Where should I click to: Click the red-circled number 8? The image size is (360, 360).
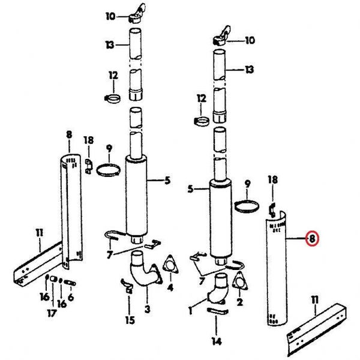pos(312,239)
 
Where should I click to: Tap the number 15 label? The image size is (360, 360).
pos(130,320)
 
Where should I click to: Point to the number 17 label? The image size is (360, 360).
pos(52,313)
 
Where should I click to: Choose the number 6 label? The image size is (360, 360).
pos(71,298)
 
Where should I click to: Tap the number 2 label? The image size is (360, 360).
pos(239,302)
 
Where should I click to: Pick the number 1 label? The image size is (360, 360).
pos(190,311)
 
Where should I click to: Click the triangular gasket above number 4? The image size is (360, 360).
pos(170,264)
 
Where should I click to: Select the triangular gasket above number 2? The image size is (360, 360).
pos(240,280)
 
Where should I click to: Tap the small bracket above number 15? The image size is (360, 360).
pos(127,286)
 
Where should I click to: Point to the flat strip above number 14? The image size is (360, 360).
pos(217,311)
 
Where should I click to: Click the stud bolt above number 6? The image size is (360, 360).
pos(70,283)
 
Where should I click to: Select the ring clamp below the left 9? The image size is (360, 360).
pos(108,170)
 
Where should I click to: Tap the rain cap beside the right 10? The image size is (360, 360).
pos(221,35)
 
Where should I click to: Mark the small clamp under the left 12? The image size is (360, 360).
pos(113,99)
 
